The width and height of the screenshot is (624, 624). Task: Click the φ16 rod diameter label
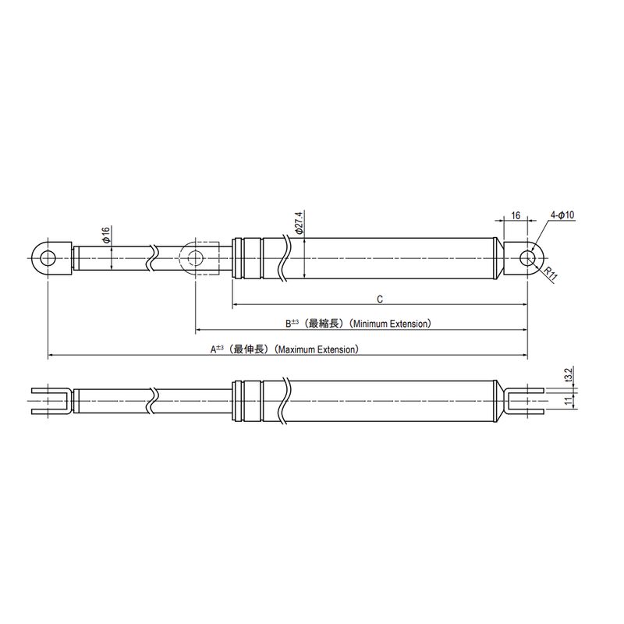[106, 235]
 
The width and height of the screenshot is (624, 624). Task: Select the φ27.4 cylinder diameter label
[299, 222]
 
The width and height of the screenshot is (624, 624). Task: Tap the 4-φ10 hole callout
[562, 215]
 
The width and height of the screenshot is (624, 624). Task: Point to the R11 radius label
[550, 275]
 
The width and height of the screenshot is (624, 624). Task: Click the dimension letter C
[380, 300]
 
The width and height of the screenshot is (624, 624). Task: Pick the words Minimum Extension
[392, 324]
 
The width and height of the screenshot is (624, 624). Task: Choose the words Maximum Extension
[318, 349]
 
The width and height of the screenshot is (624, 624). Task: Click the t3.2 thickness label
[569, 376]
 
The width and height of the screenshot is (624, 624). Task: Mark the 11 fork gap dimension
[569, 399]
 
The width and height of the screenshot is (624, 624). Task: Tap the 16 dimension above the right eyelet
[516, 215]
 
